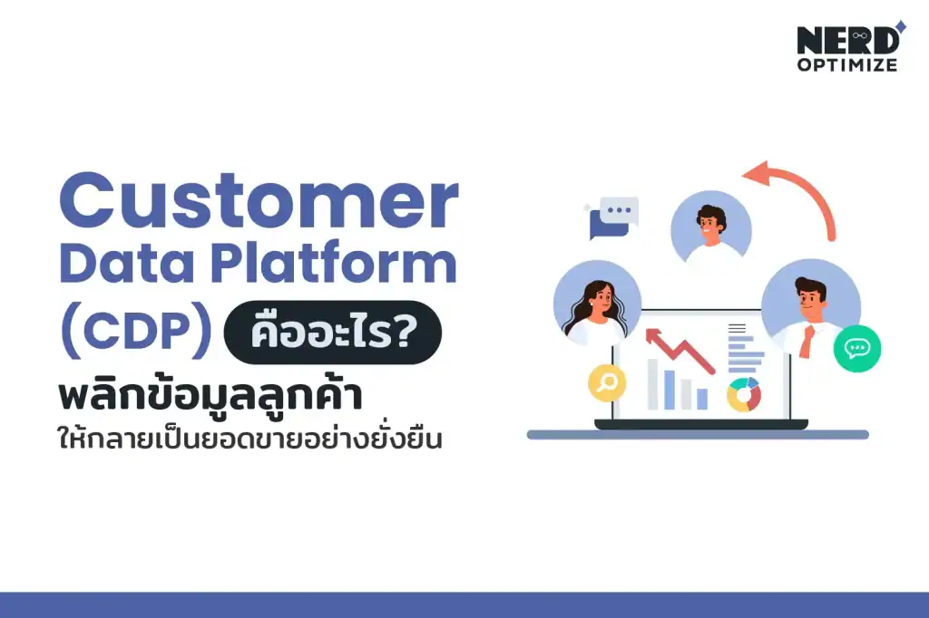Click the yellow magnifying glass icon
607,382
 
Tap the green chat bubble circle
856,348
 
